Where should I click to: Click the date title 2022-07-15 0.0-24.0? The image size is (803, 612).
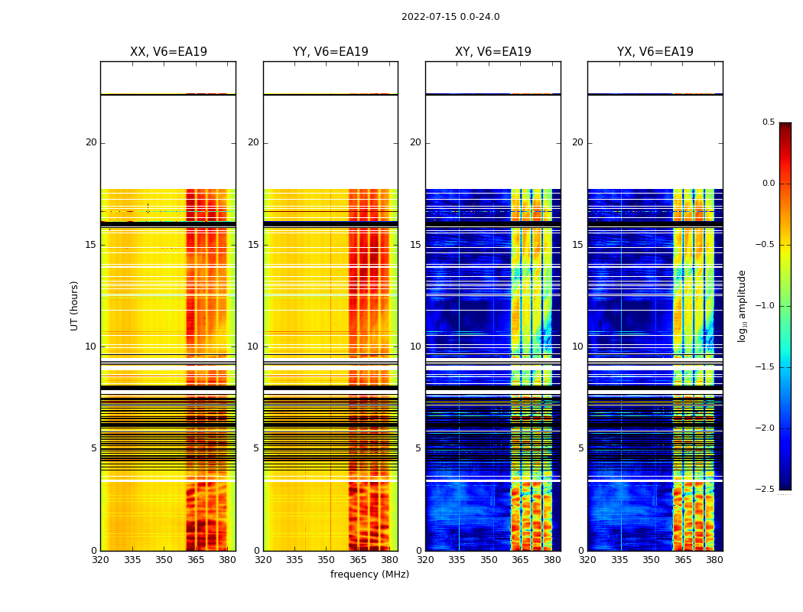pyautogui.click(x=450, y=17)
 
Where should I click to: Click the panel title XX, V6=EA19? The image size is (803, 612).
pyautogui.click(x=168, y=52)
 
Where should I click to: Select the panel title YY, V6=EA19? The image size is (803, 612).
pyautogui.click(x=330, y=52)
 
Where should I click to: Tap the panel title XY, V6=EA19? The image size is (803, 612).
pyautogui.click(x=493, y=52)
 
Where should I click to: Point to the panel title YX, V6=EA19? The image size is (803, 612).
pyautogui.click(x=655, y=52)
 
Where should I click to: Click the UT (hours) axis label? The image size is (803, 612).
pyautogui.click(x=74, y=305)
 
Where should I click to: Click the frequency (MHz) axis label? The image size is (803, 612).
pyautogui.click(x=369, y=575)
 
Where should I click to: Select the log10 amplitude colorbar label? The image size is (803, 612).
pyautogui.click(x=742, y=305)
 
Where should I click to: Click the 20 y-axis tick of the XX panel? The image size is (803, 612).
pyautogui.click(x=91, y=142)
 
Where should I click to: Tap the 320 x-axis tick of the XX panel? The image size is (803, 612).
pyautogui.click(x=100, y=560)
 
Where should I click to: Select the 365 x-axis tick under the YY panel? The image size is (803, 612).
pyautogui.click(x=358, y=560)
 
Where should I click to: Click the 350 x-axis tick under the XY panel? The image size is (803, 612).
pyautogui.click(x=489, y=560)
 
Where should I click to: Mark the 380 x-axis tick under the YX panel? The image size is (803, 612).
pyautogui.click(x=714, y=560)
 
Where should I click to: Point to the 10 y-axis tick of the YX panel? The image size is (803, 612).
pyautogui.click(x=577, y=347)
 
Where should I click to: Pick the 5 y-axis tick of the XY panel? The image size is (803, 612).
pyautogui.click(x=418, y=448)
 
